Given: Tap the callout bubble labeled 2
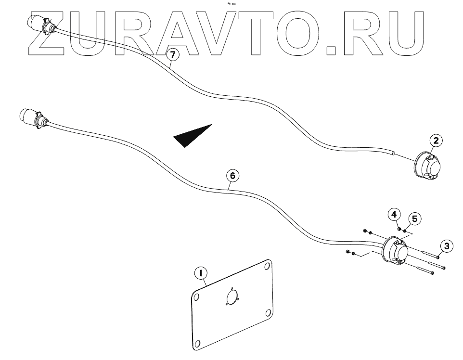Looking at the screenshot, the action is point(436,141).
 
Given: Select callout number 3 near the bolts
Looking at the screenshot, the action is point(447,246).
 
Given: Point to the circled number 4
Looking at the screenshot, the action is point(394,214).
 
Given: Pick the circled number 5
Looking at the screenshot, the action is point(415,218).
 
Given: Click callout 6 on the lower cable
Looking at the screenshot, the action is point(232,176).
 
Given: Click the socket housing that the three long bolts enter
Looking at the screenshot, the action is point(396,251).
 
